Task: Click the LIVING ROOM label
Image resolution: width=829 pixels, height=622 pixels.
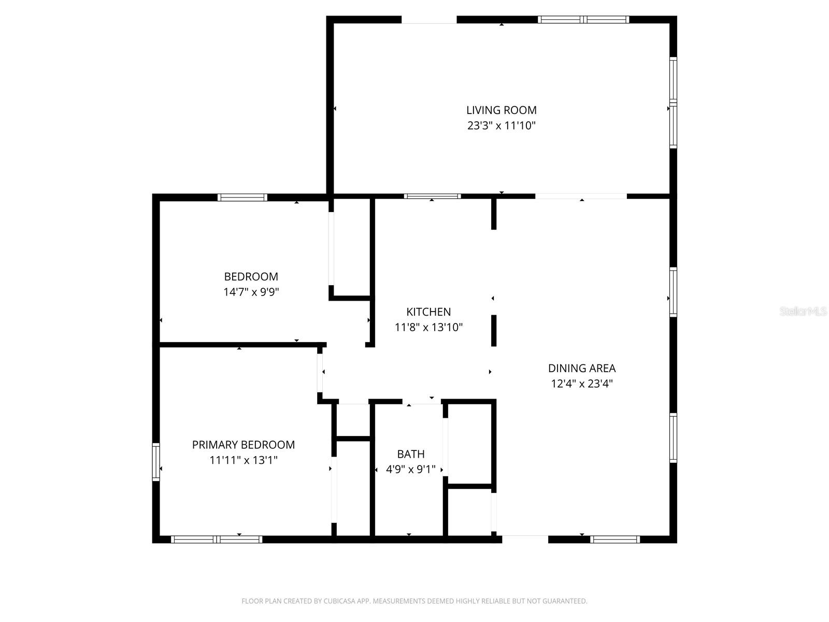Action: pyautogui.click(x=501, y=110)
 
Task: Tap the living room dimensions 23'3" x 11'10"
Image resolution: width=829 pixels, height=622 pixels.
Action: pyautogui.click(x=501, y=125)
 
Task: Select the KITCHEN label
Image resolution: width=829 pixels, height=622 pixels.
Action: pyautogui.click(x=428, y=312)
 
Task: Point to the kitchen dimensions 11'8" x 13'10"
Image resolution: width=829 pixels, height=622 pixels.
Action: pyautogui.click(x=428, y=327)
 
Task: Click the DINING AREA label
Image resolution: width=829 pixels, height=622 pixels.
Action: pyautogui.click(x=582, y=368)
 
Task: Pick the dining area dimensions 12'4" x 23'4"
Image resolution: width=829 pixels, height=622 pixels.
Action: pyautogui.click(x=582, y=384)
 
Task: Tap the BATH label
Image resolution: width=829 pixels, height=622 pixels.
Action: pyautogui.click(x=411, y=454)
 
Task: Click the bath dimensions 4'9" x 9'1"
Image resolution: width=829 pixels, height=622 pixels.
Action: pyautogui.click(x=411, y=470)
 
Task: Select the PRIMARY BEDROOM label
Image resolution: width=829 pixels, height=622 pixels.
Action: pyautogui.click(x=244, y=445)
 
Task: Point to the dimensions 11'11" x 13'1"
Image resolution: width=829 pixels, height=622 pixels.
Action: pyautogui.click(x=244, y=460)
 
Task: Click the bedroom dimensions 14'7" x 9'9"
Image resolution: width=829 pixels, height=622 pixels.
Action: pyautogui.click(x=251, y=292)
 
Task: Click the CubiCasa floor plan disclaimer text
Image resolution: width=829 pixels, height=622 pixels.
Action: pyautogui.click(x=414, y=601)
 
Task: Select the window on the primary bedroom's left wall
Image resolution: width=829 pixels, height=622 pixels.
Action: pyautogui.click(x=156, y=461)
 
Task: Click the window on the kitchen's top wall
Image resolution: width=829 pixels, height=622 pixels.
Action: pyautogui.click(x=432, y=196)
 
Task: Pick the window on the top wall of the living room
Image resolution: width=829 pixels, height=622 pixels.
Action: pyautogui.click(x=583, y=20)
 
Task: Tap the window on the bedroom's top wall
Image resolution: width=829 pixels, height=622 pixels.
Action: pyautogui.click(x=242, y=197)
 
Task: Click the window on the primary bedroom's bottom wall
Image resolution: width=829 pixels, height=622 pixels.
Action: pyautogui.click(x=216, y=540)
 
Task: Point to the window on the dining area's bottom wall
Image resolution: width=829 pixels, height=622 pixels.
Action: pyautogui.click(x=615, y=540)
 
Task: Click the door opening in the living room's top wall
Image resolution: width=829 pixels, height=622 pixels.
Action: pyautogui.click(x=429, y=20)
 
